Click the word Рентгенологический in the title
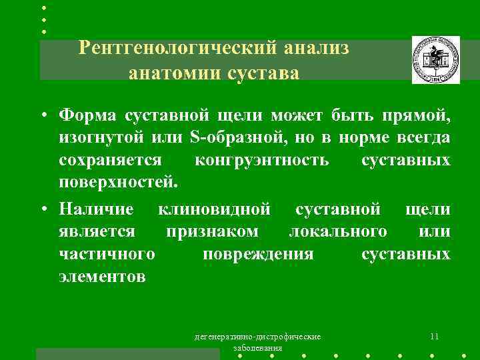point(179,48)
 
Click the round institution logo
point(435,60)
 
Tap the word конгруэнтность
point(261,160)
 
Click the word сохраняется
point(110,160)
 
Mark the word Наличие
point(96,210)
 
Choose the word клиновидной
point(214,210)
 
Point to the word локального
point(337,232)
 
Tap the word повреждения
point(258,254)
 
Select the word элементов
point(101,276)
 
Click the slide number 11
point(434,336)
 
